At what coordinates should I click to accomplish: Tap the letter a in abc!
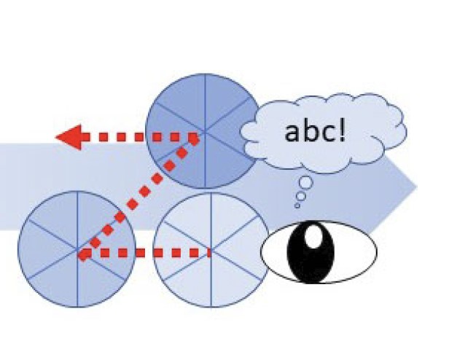(x=295, y=134)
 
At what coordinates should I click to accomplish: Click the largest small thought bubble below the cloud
(x=306, y=182)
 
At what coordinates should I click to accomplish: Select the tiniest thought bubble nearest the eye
(x=297, y=206)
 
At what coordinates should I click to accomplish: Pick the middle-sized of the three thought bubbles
(x=300, y=195)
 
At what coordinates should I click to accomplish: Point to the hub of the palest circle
(x=211, y=251)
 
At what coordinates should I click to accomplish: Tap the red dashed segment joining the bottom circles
(x=146, y=254)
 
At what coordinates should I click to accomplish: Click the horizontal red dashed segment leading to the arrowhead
(x=138, y=136)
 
